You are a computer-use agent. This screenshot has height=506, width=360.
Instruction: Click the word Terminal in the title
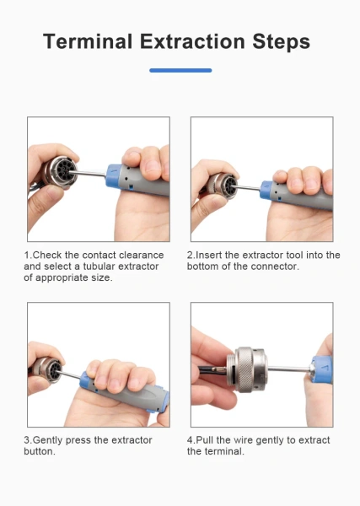(x=88, y=41)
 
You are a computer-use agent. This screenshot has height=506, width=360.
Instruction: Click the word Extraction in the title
(x=192, y=41)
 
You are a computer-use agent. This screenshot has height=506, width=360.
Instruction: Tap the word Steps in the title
(x=282, y=42)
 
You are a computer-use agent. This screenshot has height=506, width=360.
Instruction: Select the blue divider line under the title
(x=180, y=70)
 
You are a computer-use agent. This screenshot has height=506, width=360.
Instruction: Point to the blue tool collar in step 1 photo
(x=113, y=176)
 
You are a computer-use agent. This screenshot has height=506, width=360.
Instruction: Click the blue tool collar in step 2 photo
(x=266, y=190)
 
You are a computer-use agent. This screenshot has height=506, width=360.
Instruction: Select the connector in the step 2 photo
(x=223, y=186)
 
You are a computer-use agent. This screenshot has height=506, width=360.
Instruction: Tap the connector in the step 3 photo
(x=48, y=369)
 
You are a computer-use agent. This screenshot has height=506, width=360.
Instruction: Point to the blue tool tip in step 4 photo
(x=322, y=369)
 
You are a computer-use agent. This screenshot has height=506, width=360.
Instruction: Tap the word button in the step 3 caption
(x=40, y=451)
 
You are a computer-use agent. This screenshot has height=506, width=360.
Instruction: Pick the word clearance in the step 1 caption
(x=142, y=255)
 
